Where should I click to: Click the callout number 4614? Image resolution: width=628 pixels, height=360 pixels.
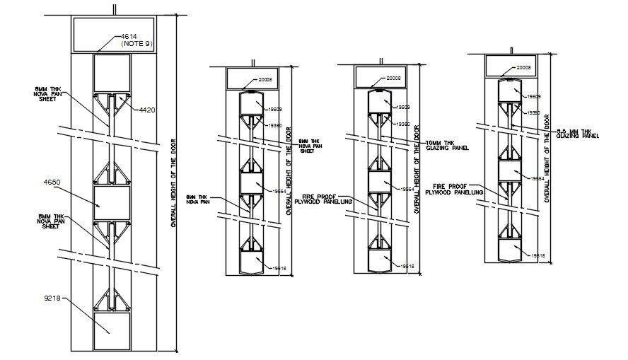[129, 36]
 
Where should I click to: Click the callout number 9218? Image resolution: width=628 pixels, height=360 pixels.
[53, 299]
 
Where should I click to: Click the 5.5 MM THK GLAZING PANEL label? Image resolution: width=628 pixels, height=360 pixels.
[578, 134]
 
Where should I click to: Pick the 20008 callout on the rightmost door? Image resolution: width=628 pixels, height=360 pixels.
[524, 68]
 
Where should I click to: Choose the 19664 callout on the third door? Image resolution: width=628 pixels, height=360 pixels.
[407, 190]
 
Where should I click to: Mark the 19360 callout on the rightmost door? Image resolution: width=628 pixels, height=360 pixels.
[532, 113]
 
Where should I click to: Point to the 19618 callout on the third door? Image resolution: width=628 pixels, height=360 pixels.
[407, 266]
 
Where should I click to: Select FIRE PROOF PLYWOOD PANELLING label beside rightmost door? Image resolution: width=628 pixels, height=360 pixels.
[459, 190]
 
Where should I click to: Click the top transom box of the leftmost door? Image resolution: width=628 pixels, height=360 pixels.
[114, 34]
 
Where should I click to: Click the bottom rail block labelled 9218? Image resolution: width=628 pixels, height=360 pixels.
[112, 332]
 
